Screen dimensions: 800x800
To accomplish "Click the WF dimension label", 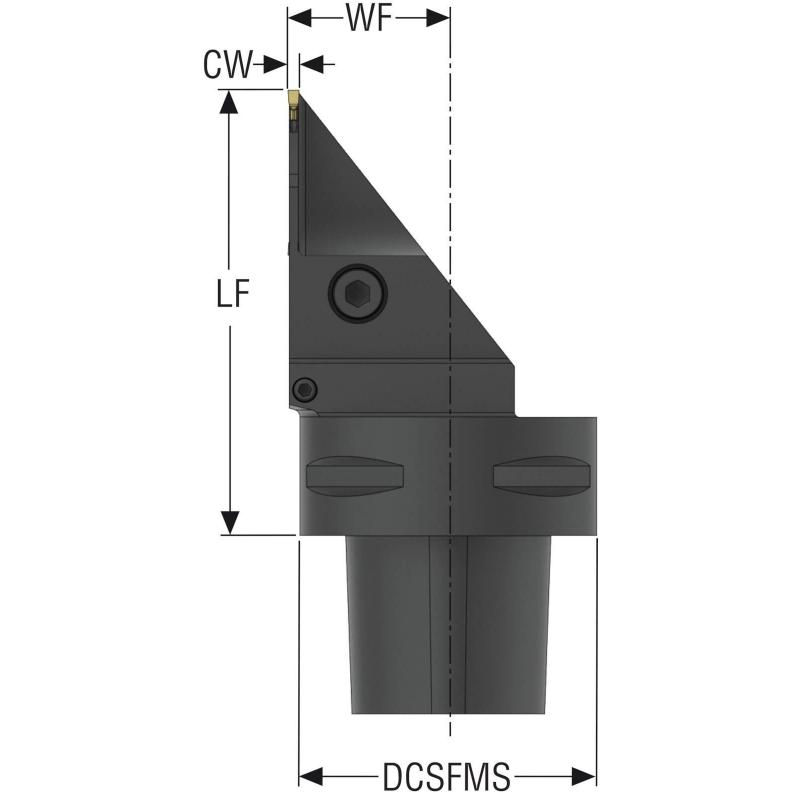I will (x=369, y=18).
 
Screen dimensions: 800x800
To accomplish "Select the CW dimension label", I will (x=226, y=65).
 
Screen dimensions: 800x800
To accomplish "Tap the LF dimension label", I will (x=232, y=298).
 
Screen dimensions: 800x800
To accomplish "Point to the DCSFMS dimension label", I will (x=446, y=775).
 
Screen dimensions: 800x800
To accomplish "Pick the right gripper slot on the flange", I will (x=539, y=475).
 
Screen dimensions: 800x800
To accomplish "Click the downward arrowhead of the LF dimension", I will (x=231, y=522).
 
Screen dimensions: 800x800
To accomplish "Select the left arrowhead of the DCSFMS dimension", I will (x=310, y=775).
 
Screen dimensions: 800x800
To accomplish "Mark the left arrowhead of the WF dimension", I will (x=298, y=18).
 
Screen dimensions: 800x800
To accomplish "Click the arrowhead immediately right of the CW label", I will (x=277, y=65).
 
